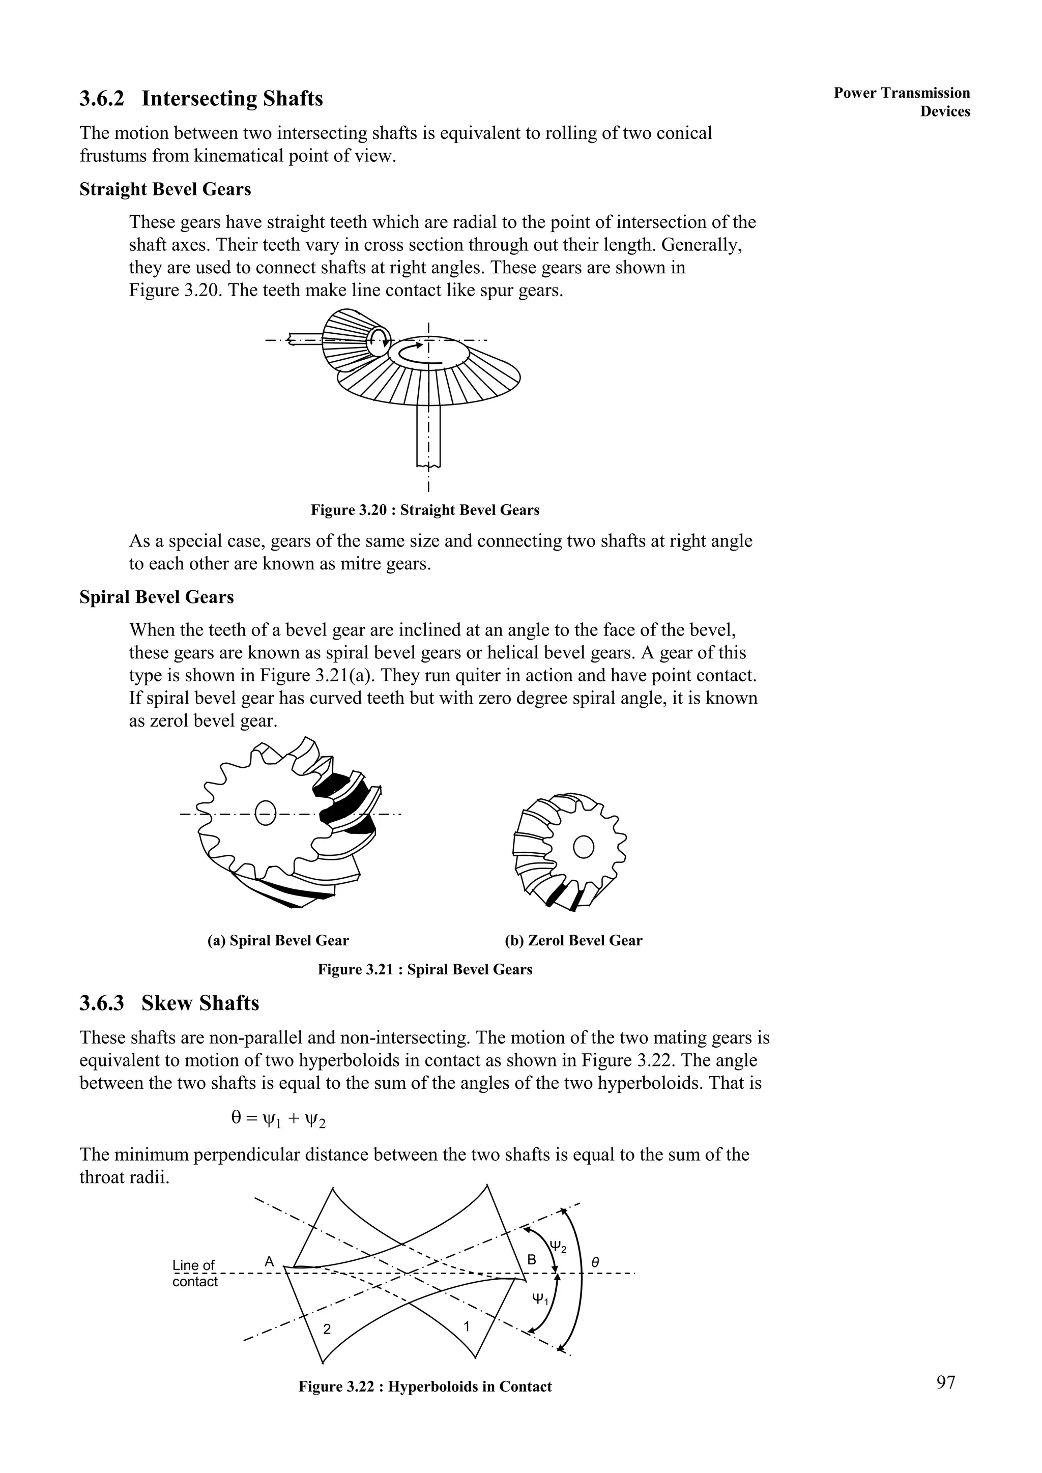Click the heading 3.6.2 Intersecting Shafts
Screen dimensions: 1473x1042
pyautogui.click(x=201, y=99)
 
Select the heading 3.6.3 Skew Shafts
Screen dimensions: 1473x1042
pyautogui.click(x=169, y=1003)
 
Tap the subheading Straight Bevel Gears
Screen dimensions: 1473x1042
pyautogui.click(x=165, y=190)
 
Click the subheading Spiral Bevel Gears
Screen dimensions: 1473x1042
pyautogui.click(x=157, y=597)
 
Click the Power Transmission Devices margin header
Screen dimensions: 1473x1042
pyautogui.click(x=902, y=102)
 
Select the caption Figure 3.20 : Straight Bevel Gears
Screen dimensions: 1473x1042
pyautogui.click(x=425, y=510)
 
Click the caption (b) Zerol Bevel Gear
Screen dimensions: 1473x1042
pyautogui.click(x=573, y=940)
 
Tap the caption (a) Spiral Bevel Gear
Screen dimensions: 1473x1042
pyautogui.click(x=278, y=940)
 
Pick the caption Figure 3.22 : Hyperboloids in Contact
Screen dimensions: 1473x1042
pyautogui.click(x=425, y=1387)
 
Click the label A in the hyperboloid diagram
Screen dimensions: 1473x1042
pyautogui.click(x=270, y=1262)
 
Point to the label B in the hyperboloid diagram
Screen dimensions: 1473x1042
pyautogui.click(x=531, y=1260)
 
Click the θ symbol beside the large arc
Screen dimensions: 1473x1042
pyautogui.click(x=595, y=1262)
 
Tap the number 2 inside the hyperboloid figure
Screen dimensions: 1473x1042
pyautogui.click(x=327, y=1330)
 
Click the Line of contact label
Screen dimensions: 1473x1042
pyautogui.click(x=195, y=1274)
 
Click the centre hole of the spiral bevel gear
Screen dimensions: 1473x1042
pyautogui.click(x=265, y=813)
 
